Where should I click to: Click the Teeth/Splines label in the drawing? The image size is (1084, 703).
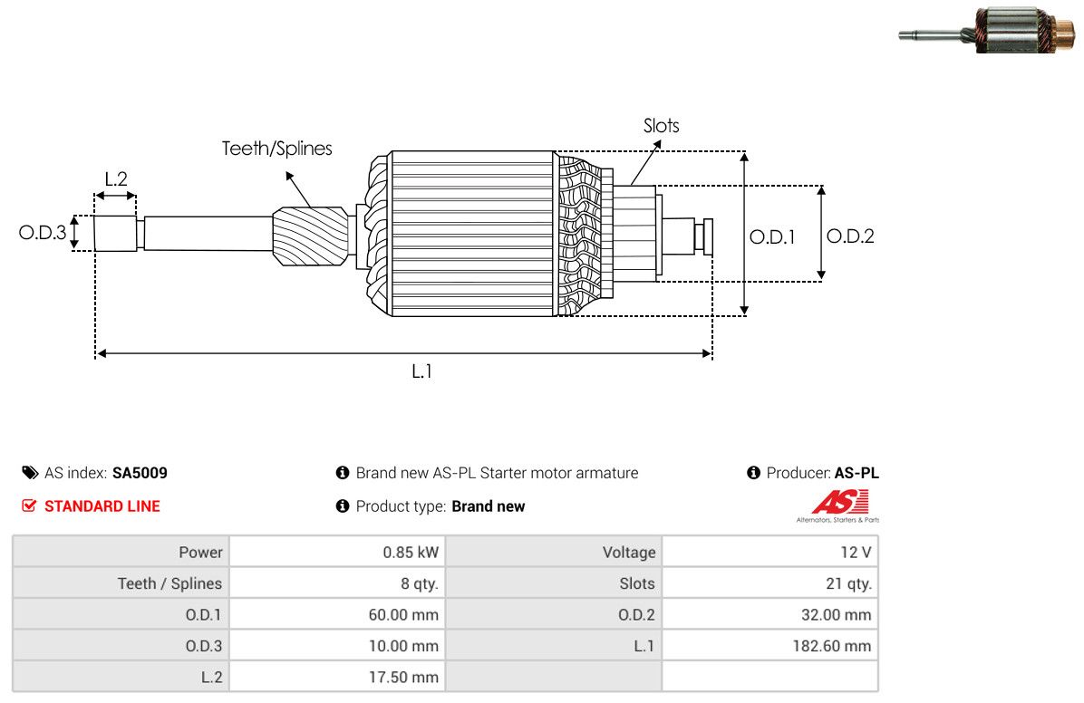276,149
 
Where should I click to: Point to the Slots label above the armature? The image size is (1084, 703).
661,126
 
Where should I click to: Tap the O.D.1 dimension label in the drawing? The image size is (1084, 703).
772,237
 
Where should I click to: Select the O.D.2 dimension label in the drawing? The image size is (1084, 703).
850,236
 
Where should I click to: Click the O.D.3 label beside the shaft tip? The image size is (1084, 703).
43,232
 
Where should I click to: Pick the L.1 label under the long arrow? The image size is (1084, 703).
421,372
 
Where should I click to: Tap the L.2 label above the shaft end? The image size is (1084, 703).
116,179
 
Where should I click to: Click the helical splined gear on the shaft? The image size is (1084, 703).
310,236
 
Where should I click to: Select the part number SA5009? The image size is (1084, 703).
140,473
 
